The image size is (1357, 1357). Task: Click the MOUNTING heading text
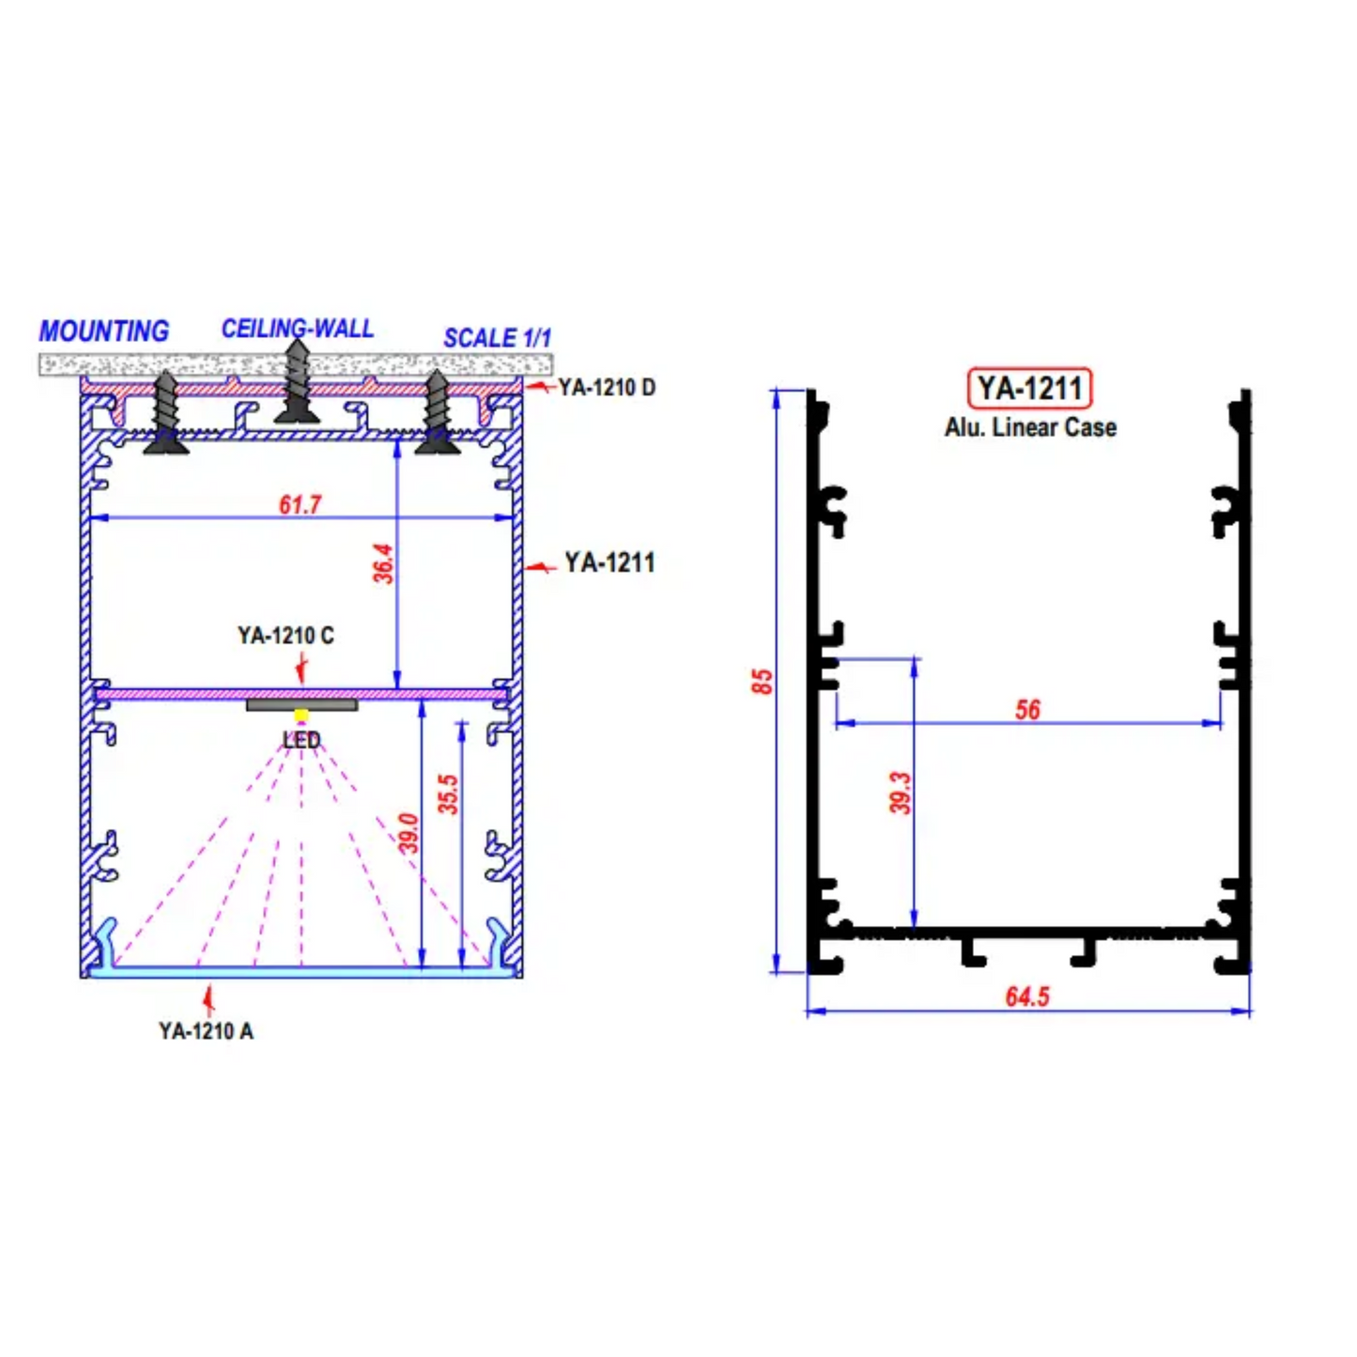click(103, 332)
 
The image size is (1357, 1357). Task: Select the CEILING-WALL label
click(297, 329)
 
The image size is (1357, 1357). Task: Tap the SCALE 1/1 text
click(497, 338)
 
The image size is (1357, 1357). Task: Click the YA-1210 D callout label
click(607, 387)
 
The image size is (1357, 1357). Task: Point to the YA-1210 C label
click(285, 636)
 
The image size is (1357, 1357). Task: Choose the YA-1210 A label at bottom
click(206, 1031)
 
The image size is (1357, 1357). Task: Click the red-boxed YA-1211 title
click(1029, 389)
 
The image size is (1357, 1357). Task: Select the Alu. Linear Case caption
click(1030, 427)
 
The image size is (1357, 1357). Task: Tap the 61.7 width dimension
click(300, 505)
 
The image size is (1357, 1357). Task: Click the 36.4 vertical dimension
click(383, 563)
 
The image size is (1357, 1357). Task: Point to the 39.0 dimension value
click(409, 834)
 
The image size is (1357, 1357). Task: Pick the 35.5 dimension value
click(448, 794)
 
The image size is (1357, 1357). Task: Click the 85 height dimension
click(762, 681)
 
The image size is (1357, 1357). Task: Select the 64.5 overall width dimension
click(1026, 996)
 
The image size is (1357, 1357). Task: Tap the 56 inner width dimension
click(1027, 709)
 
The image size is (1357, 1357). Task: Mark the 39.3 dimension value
click(900, 793)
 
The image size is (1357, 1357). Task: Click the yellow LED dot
click(301, 716)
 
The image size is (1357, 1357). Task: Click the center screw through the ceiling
click(297, 381)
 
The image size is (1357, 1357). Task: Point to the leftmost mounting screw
click(166, 413)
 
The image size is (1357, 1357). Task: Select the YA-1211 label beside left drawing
click(609, 563)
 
